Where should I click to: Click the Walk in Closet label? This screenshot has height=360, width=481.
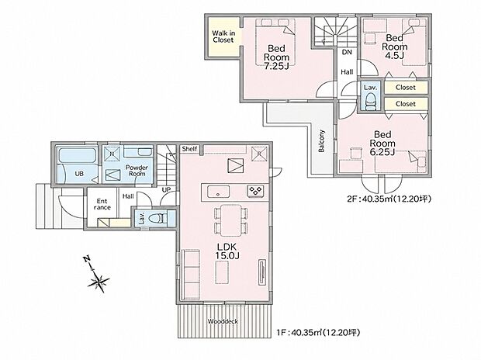pyautogui.click(x=223, y=36)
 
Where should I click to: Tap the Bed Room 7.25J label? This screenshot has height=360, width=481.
pyautogui.click(x=276, y=57)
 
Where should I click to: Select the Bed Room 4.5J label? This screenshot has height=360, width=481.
pyautogui.click(x=394, y=47)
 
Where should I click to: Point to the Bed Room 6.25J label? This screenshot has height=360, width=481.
pyautogui.click(x=382, y=143)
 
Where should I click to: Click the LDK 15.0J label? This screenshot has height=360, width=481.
pyautogui.click(x=227, y=251)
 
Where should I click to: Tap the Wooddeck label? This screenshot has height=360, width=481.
pyautogui.click(x=223, y=321)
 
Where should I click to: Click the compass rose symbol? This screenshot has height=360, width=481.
pyautogui.click(x=99, y=281)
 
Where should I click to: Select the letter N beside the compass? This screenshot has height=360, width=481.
pyautogui.click(x=87, y=258)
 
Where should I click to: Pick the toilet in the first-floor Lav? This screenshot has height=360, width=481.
pyautogui.click(x=157, y=218)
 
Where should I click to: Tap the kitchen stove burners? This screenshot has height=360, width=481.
pyautogui.click(x=255, y=191)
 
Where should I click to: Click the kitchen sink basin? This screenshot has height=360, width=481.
pyautogui.click(x=218, y=192)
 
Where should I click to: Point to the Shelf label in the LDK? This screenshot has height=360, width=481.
pyautogui.click(x=189, y=149)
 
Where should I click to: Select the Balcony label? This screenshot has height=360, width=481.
pyautogui.click(x=321, y=141)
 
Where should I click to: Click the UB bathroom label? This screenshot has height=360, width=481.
pyautogui.click(x=79, y=174)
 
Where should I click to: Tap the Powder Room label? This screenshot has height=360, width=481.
pyautogui.click(x=137, y=171)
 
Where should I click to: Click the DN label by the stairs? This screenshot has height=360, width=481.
pyautogui.click(x=347, y=52)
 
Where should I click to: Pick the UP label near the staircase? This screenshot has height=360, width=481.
pyautogui.click(x=166, y=189)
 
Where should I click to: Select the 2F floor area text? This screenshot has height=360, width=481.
pyautogui.click(x=389, y=199)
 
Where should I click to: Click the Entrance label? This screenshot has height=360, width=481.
pyautogui.click(x=102, y=204)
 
